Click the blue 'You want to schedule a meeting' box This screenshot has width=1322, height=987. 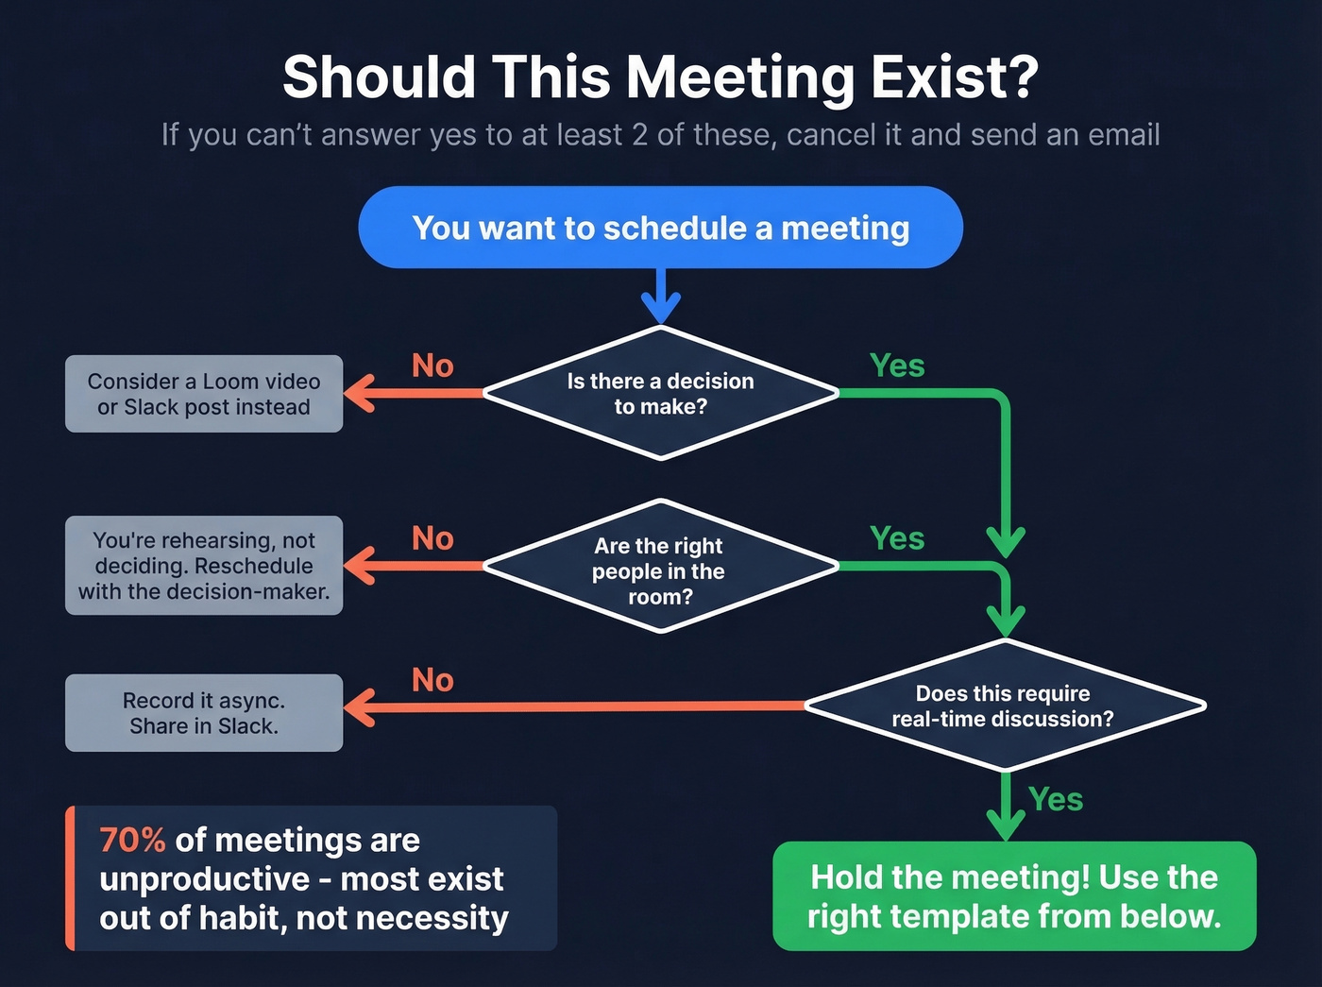click(x=660, y=228)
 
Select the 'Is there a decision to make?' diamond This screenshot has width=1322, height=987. click(x=660, y=393)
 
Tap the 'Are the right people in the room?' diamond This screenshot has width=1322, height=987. click(x=660, y=567)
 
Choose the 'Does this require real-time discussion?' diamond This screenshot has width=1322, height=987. click(x=1004, y=706)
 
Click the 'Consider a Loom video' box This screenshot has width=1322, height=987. click(x=204, y=394)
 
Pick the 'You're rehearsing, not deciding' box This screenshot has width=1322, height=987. click(x=204, y=566)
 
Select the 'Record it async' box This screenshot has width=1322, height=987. click(x=204, y=713)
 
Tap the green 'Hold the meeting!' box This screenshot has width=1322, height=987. click(x=1014, y=896)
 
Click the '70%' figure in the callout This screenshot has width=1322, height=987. click(x=132, y=840)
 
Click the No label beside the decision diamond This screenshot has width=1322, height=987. click(x=432, y=366)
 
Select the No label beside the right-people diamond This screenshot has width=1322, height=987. click(x=432, y=538)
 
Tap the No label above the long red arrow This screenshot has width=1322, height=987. click(x=432, y=680)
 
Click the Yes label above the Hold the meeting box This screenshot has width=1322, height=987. click(x=1055, y=799)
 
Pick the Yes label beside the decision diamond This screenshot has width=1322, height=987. click(x=897, y=366)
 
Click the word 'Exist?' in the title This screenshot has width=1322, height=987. click(x=954, y=77)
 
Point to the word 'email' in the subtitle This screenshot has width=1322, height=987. click(x=1124, y=135)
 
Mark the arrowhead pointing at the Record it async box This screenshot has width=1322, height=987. click(x=359, y=706)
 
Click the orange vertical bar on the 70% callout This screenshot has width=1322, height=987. click(x=70, y=878)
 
